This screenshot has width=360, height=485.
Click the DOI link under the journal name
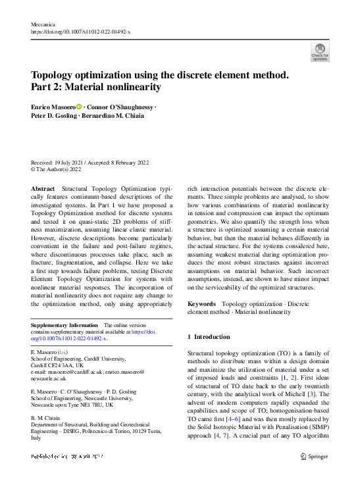pos(81,31)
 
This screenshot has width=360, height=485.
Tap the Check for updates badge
pos(320,52)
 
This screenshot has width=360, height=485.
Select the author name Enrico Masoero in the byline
pos(53,107)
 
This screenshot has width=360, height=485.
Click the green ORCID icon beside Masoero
pos(80,107)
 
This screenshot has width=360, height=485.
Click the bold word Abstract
pos(44,189)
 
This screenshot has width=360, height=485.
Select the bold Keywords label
pos(202,303)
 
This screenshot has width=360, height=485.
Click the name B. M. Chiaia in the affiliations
pos(48,417)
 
